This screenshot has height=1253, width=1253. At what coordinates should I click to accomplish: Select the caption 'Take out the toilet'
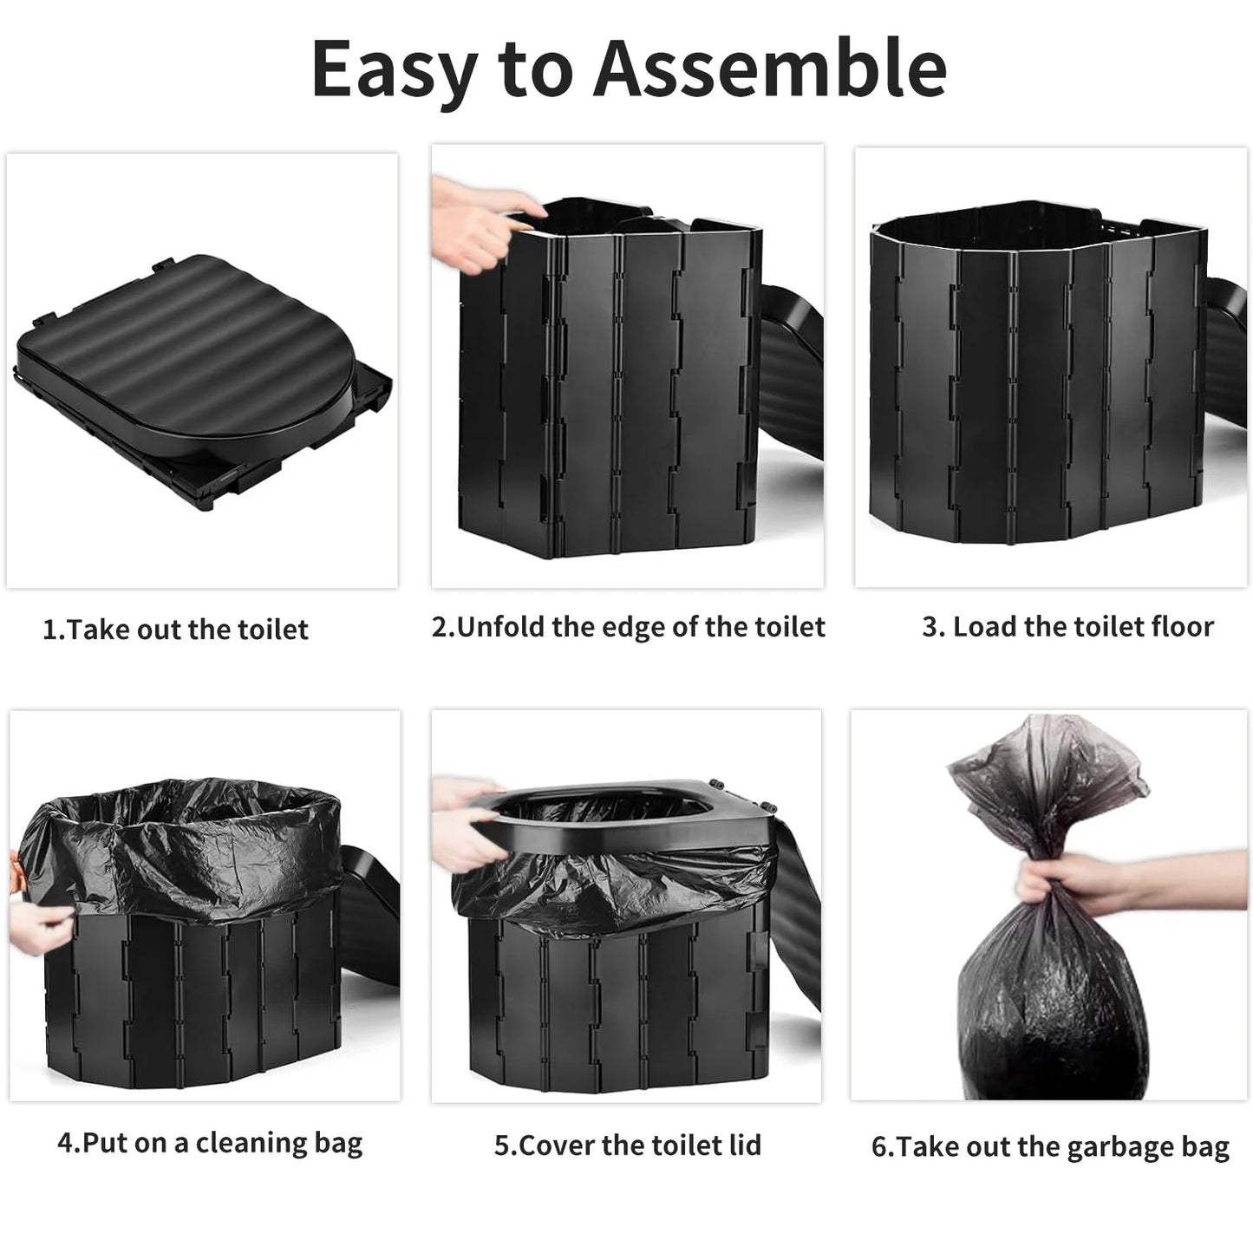187,630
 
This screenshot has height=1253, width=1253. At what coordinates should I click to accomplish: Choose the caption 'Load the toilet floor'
1083,627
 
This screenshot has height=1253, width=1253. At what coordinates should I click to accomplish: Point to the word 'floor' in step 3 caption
1183,627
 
